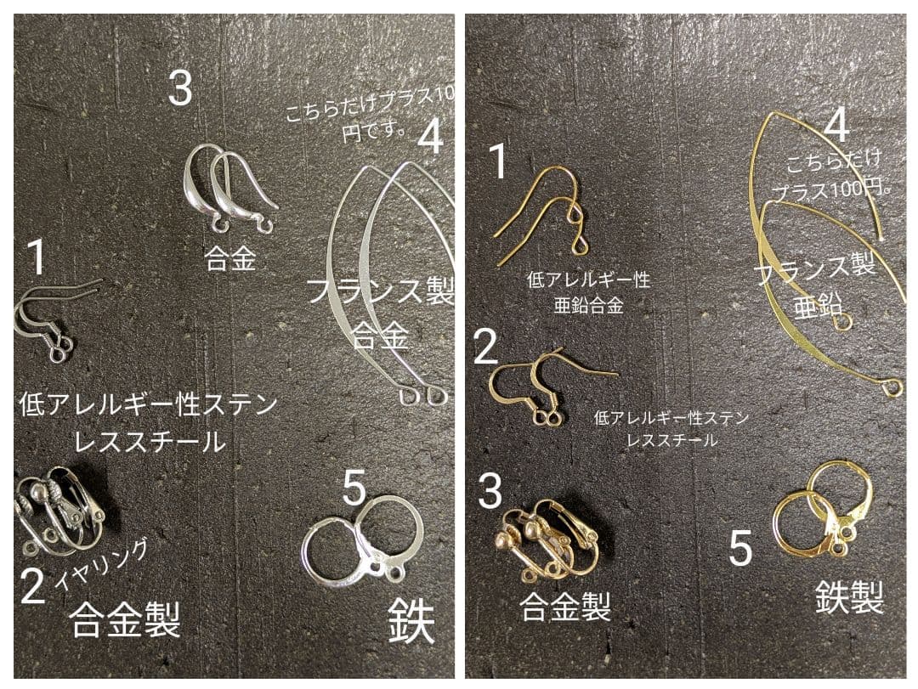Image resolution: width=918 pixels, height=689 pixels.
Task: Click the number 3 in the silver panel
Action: [x=179, y=88]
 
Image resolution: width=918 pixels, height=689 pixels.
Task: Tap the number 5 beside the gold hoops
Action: [x=740, y=548]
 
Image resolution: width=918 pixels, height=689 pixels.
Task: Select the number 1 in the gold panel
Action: [x=499, y=161]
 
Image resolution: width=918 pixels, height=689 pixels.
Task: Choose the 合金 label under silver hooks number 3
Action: [x=229, y=258]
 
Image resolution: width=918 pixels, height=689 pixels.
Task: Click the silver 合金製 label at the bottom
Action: [x=125, y=619]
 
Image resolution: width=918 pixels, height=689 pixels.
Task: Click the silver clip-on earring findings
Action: [x=59, y=514]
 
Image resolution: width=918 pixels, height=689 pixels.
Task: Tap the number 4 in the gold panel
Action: [x=836, y=127]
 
